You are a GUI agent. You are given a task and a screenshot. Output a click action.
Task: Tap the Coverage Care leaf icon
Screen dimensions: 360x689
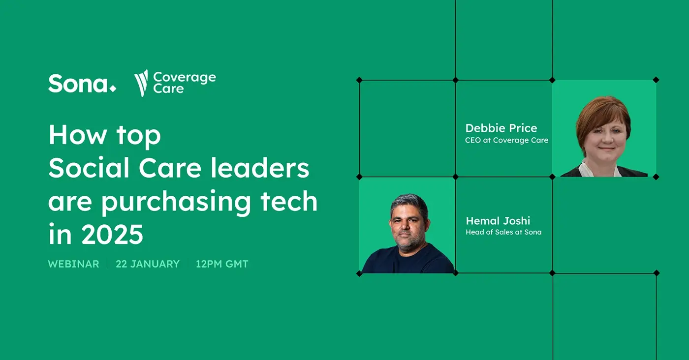tap(141, 83)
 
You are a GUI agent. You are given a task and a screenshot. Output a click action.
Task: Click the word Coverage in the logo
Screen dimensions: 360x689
tap(185, 77)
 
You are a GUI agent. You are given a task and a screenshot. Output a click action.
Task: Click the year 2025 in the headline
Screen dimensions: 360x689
tap(112, 235)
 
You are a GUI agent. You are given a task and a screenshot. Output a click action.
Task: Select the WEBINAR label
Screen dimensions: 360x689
tap(73, 264)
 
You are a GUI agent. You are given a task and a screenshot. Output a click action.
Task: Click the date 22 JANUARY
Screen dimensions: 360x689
tap(148, 264)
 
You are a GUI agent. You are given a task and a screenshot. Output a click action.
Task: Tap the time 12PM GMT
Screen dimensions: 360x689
tap(222, 264)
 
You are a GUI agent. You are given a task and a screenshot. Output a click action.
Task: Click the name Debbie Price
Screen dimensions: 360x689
tap(501, 128)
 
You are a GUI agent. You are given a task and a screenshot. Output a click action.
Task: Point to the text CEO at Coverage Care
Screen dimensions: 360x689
tap(506, 140)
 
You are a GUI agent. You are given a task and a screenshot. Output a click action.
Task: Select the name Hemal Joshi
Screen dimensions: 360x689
tap(498, 221)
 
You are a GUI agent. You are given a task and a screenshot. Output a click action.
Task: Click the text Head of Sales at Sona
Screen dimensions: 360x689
tap(503, 232)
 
